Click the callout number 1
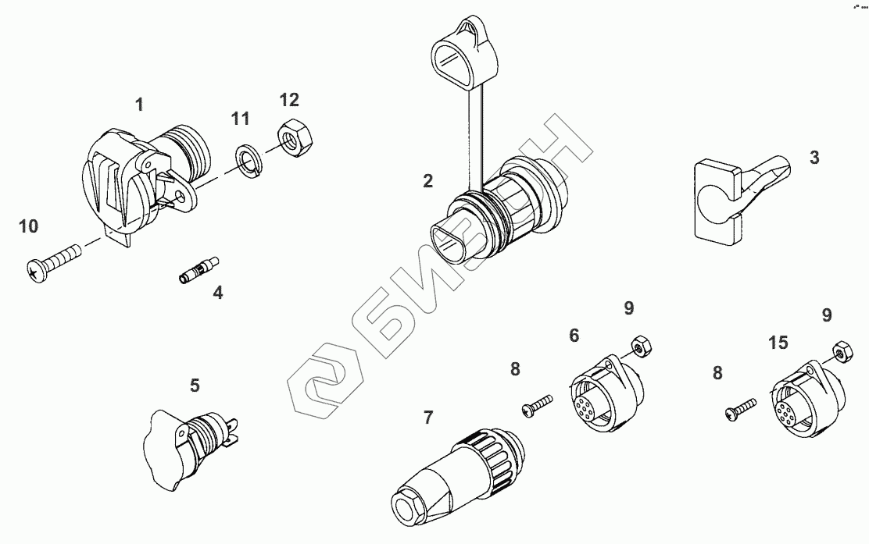[x=140, y=104]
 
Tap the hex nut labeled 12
[x=292, y=139]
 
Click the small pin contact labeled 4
[x=199, y=269]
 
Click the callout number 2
[x=427, y=181]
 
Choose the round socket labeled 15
[x=809, y=400]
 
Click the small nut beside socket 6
[x=642, y=345]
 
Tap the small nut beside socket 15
[x=842, y=352]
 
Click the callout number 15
[x=778, y=343]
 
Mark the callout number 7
[x=427, y=418]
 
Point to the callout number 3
[x=814, y=158]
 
